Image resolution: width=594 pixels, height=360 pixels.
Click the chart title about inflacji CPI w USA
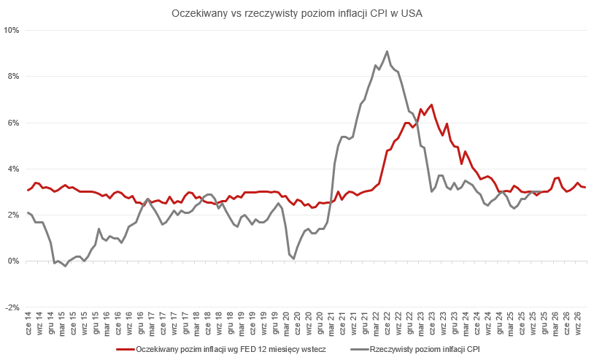point(296,13)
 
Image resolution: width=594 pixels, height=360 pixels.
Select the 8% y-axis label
point(13,77)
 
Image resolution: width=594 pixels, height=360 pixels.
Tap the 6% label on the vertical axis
point(13,123)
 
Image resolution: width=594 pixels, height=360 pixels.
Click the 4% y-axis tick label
point(13,169)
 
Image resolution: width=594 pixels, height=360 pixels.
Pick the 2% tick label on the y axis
point(13,215)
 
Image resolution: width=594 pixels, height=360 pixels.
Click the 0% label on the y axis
point(13,261)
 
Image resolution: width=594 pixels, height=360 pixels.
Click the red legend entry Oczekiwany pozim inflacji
point(231,350)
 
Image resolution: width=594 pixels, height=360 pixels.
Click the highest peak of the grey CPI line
point(387,51)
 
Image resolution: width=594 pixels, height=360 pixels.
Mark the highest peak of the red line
point(432,104)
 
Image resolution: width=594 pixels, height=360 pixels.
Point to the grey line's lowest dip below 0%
point(65,267)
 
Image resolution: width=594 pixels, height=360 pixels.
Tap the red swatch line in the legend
point(126,350)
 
